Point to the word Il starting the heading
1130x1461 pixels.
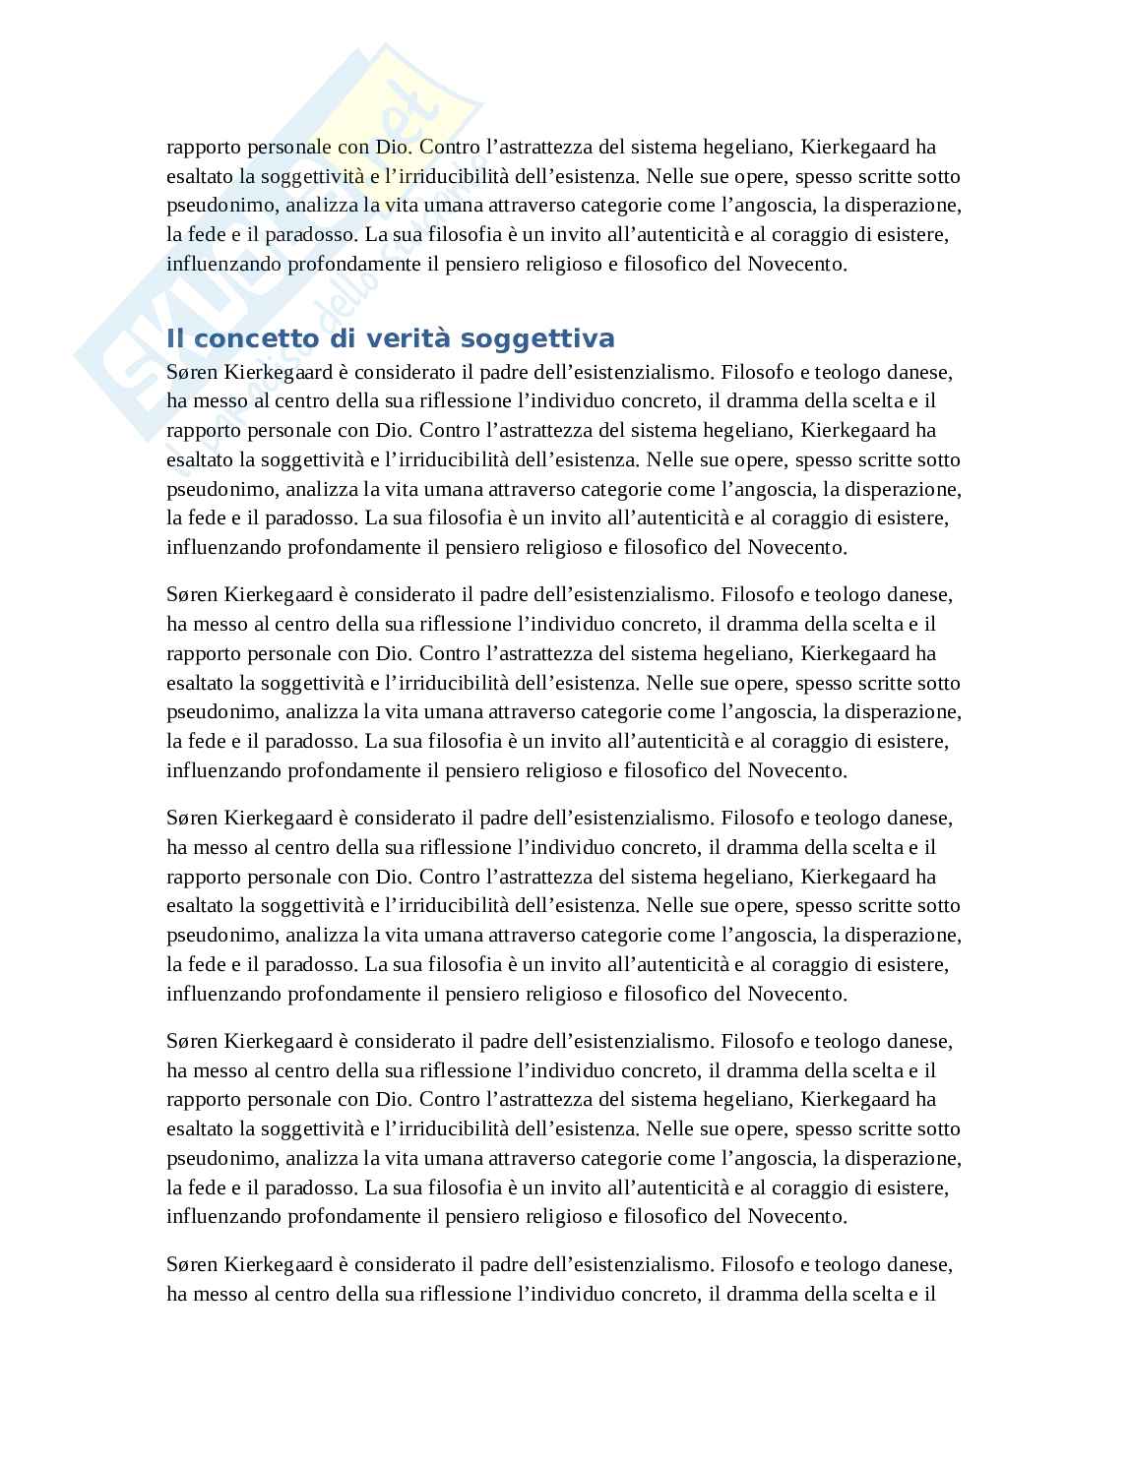coord(175,338)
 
